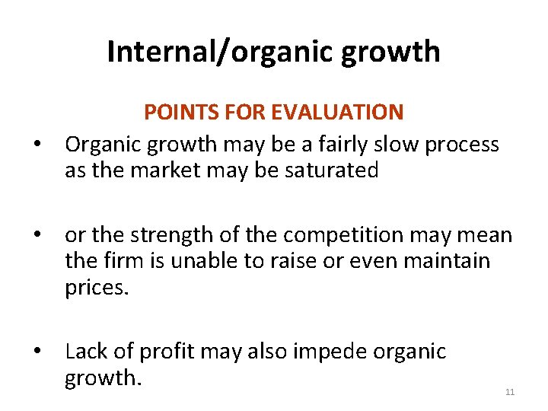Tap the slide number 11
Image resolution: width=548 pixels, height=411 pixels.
pos(510,392)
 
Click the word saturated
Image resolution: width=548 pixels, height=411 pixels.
pos(331,170)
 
